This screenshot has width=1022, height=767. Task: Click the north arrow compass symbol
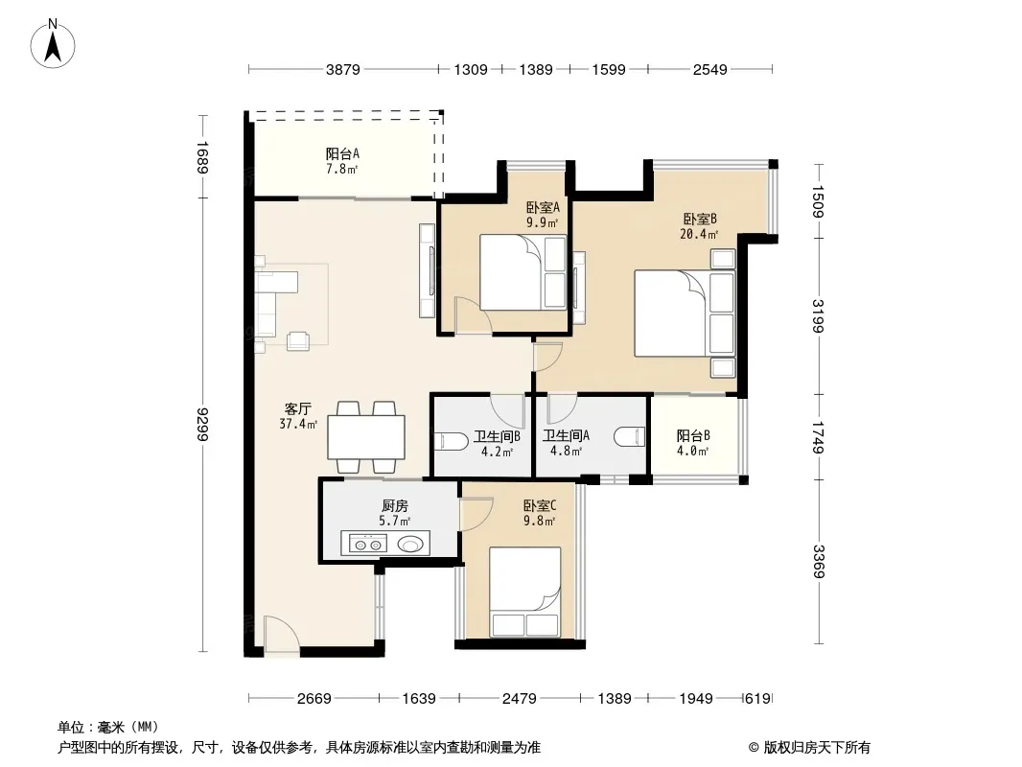point(53,43)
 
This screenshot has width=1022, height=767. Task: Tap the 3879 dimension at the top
point(343,70)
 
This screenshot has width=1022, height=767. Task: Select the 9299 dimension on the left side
point(203,424)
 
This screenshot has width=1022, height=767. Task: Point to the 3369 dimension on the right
point(819,561)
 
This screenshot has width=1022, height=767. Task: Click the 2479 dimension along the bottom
point(520,699)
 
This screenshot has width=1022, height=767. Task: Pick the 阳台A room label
point(342,153)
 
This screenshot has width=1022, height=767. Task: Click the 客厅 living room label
point(298,409)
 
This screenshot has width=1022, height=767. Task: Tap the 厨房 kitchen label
point(394,505)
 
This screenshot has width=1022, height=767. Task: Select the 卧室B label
point(700,219)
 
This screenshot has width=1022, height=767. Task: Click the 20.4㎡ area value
point(699,234)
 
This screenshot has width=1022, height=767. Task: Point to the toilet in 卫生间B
point(451,441)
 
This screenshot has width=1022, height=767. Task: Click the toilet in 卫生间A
point(630,436)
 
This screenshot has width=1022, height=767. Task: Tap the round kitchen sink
point(410,543)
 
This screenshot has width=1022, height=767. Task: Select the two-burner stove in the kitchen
point(367,544)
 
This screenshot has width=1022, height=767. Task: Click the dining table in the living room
point(366,437)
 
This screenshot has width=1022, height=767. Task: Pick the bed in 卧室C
point(525,592)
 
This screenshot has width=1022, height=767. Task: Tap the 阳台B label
point(693,436)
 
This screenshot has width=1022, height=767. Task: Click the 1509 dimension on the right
point(819,201)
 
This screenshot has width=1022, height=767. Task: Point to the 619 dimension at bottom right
point(758,699)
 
